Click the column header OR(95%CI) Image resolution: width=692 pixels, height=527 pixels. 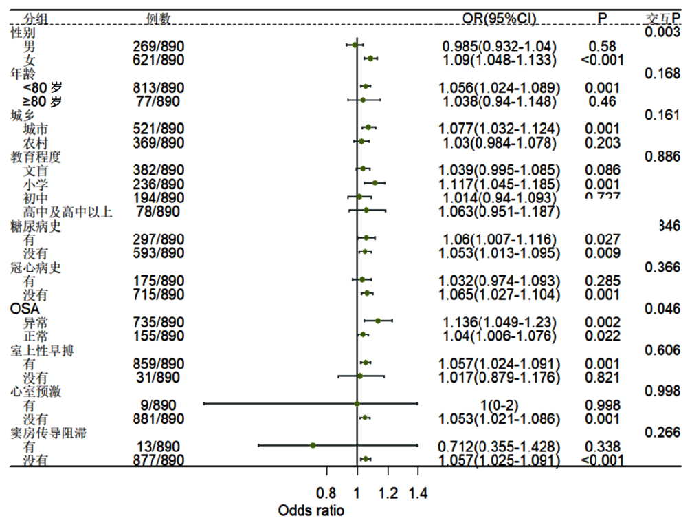[x=500, y=17]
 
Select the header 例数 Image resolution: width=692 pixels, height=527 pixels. [x=159, y=18]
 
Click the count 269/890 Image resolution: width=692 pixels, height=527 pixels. [x=159, y=46]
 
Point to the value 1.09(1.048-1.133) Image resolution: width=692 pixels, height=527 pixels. [x=500, y=60]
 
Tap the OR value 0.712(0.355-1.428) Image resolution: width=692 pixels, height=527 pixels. [x=500, y=446]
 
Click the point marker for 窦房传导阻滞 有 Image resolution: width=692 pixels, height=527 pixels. [x=313, y=446]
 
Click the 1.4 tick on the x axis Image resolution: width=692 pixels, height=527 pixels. [x=417, y=493]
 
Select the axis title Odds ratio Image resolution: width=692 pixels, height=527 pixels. [x=311, y=511]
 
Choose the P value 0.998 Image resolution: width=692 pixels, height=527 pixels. [x=602, y=405]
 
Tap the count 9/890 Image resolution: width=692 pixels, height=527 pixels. [x=159, y=405]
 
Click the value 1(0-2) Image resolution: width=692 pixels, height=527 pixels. [x=500, y=405]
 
